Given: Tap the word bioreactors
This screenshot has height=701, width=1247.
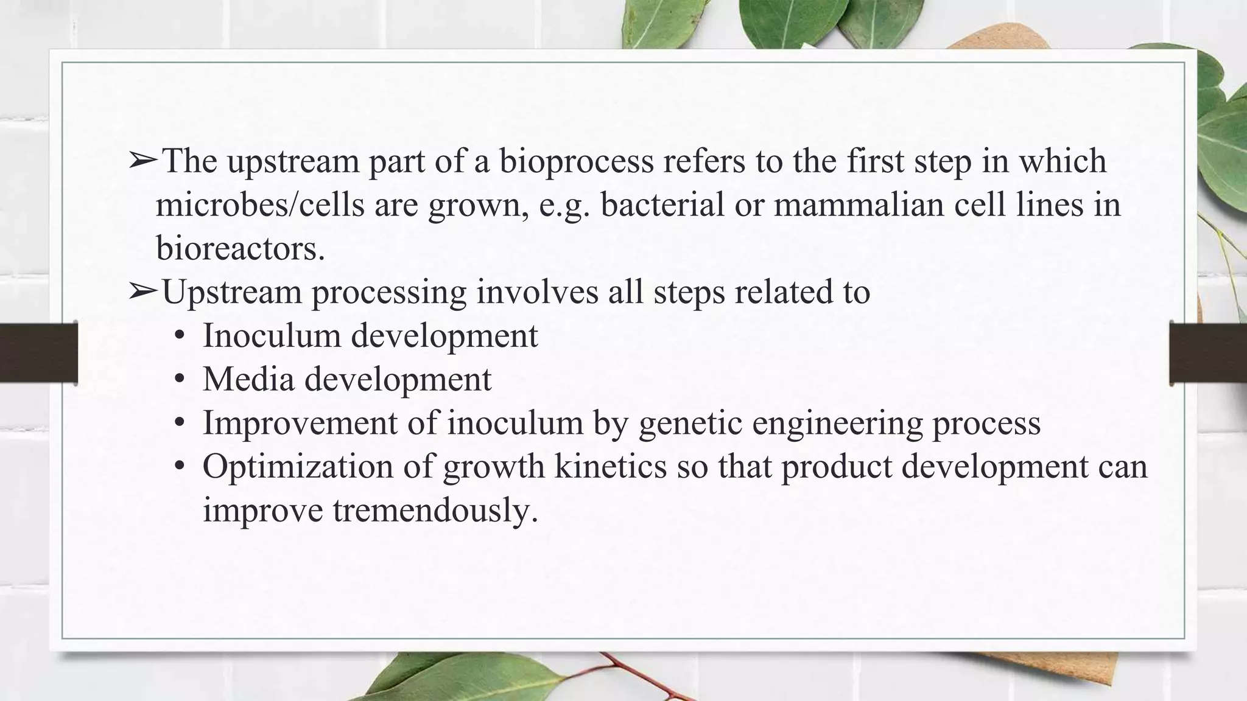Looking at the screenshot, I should click(x=240, y=248).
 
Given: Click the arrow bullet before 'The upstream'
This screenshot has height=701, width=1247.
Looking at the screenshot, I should click(x=143, y=161).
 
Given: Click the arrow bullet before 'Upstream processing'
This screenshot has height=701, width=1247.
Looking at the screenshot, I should click(x=143, y=292).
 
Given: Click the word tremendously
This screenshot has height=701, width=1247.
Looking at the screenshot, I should click(x=435, y=510).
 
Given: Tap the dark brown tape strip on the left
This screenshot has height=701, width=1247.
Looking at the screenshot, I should click(x=38, y=353).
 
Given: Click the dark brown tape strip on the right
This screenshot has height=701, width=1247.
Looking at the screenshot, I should click(x=1208, y=353).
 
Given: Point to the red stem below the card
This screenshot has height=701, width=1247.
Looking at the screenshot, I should click(x=645, y=678).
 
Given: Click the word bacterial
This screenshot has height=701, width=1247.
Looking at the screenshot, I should click(x=662, y=205).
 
